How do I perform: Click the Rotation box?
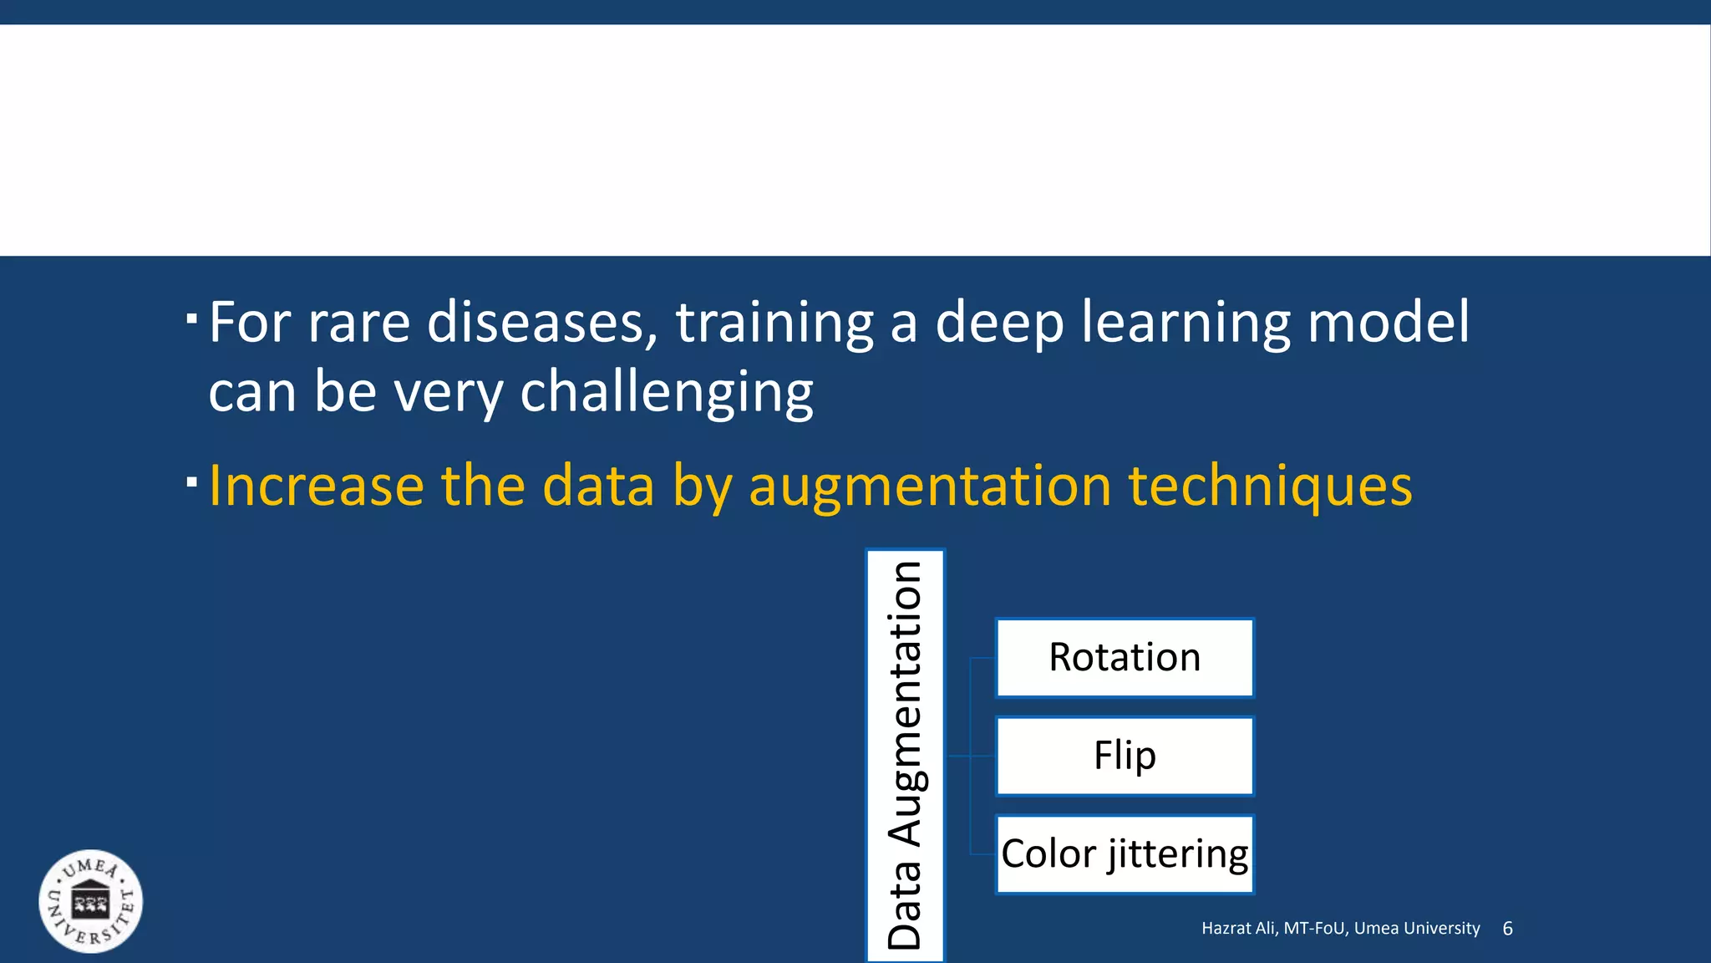click(1125, 658)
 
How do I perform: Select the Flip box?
click(1125, 756)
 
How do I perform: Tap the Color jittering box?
click(1125, 853)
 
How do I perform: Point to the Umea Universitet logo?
click(91, 902)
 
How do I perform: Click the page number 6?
click(1507, 929)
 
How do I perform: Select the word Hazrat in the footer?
click(1224, 929)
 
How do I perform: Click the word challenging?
click(666, 392)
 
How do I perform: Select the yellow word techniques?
click(1270, 487)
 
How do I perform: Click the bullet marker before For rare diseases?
click(192, 319)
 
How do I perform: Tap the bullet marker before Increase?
click(192, 482)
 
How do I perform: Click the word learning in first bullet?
click(1186, 324)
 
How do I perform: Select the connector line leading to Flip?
click(971, 756)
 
